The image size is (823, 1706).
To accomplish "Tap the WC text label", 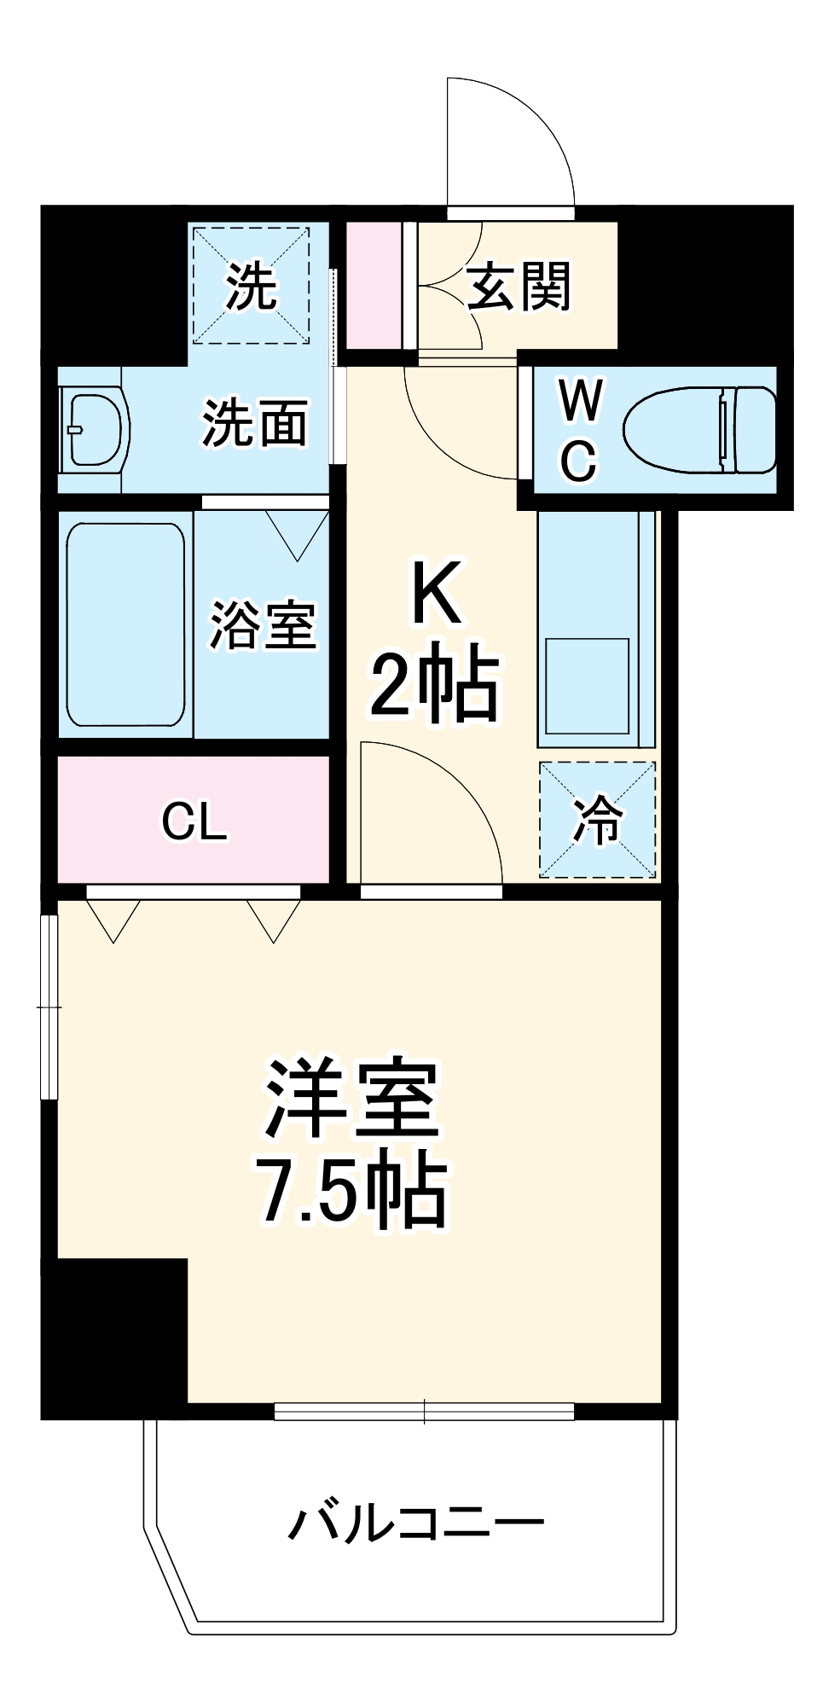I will [x=579, y=431].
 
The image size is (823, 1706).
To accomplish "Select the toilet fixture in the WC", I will [x=699, y=431].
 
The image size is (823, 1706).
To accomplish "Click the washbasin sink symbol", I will [x=94, y=429].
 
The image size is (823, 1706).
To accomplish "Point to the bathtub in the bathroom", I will [x=125, y=624].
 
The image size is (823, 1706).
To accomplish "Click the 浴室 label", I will [x=263, y=625].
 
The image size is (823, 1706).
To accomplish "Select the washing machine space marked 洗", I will [x=250, y=286].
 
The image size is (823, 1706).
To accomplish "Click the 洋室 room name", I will [x=351, y=1100].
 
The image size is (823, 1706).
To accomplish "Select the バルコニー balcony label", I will [x=415, y=1522].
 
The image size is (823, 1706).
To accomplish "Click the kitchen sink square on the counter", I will [x=587, y=686].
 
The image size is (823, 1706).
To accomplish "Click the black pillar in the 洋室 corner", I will [x=115, y=1335].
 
